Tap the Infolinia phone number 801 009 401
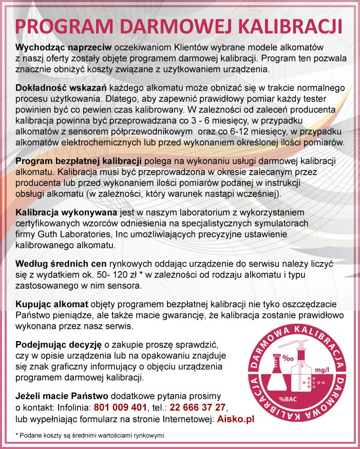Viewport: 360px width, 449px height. click(120, 408)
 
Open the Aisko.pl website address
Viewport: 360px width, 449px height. click(236, 419)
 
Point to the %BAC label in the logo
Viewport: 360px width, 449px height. click(286, 399)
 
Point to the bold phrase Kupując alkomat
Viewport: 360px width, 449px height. click(52, 303)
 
